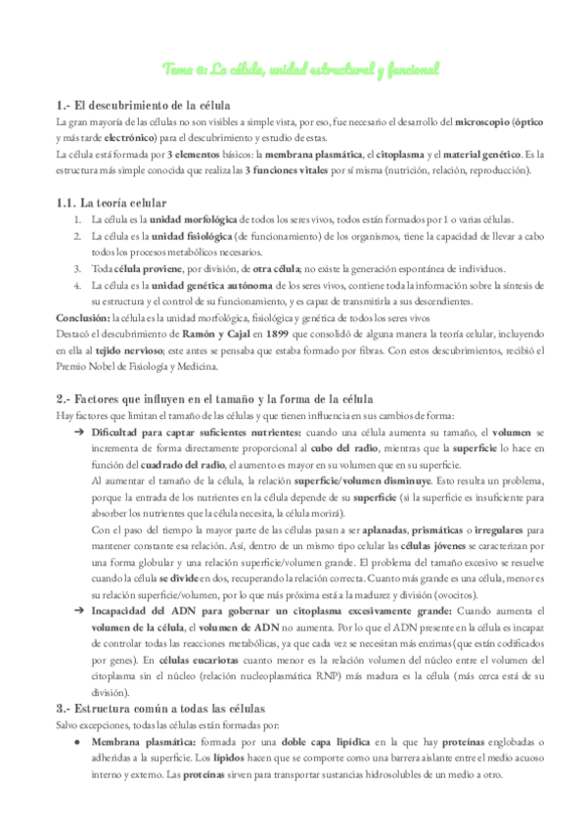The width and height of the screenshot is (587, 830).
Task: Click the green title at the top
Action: click(x=299, y=69)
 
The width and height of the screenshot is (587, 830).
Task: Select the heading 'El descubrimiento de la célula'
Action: click(x=145, y=105)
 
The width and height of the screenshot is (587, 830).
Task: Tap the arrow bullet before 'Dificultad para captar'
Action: click(x=78, y=432)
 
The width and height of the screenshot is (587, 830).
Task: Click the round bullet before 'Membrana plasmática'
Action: click(x=78, y=743)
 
